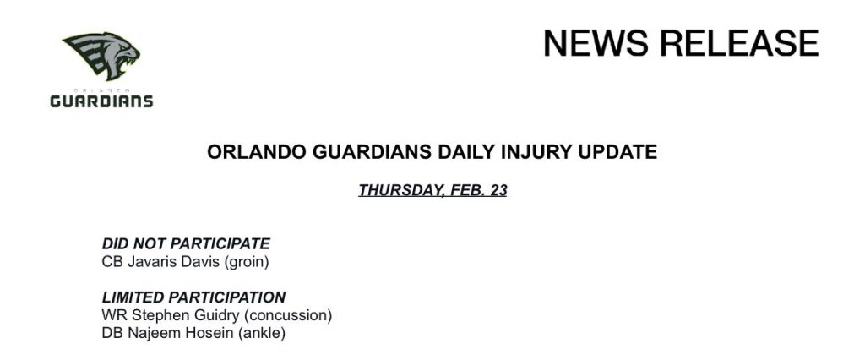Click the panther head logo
tap(101, 56)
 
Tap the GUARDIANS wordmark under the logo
tap(101, 101)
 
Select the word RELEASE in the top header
tap(739, 43)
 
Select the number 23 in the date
tap(498, 190)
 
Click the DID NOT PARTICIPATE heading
tap(186, 243)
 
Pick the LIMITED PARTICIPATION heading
tap(193, 297)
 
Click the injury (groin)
tap(247, 262)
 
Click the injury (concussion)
tap(288, 316)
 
